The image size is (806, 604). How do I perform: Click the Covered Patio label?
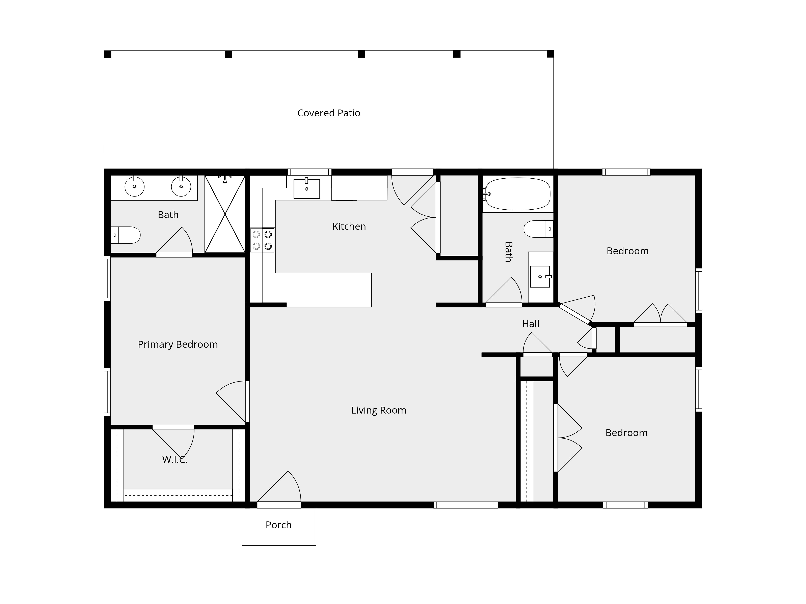point(329,113)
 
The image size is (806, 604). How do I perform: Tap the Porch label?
point(279,525)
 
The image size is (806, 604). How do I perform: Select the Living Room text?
point(379,410)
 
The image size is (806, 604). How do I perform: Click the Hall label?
point(531,324)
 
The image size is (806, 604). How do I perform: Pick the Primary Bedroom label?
point(178,344)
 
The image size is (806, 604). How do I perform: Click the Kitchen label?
point(349,226)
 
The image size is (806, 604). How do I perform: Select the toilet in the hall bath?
point(539,229)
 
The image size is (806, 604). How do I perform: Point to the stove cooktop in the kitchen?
point(262,240)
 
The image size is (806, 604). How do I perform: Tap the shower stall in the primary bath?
point(225,214)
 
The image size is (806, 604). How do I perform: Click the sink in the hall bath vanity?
point(540,277)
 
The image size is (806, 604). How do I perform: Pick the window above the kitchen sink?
point(309,172)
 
